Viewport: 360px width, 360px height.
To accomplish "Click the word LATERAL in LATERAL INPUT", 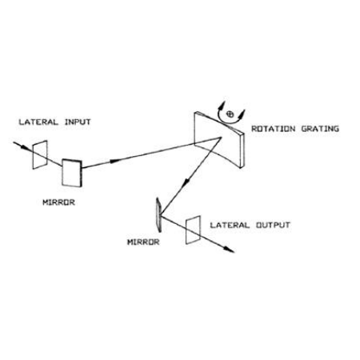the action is pos(38,122).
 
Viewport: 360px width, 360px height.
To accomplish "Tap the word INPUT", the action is pos(78,122).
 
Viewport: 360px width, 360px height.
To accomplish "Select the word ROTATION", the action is pos(274,129).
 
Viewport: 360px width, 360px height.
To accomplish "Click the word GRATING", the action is pos(320,129).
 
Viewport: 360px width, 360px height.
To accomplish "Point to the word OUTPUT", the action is pos(273,225).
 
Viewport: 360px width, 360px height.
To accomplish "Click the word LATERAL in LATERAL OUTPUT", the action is pos(230,225).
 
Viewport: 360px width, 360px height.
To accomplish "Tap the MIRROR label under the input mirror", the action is pos(58,202).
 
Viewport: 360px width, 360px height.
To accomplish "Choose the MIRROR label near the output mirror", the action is pos(143,242).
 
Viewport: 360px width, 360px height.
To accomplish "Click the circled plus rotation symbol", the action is pos(230,114).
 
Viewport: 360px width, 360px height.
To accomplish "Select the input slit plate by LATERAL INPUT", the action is pos(40,154).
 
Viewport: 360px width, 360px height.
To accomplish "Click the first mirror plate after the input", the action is pos(72,173).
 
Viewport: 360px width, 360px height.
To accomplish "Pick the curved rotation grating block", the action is pos(219,139).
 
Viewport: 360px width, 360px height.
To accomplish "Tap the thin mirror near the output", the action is pos(158,214).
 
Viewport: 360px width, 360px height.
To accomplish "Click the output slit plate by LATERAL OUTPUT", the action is pos(193,230).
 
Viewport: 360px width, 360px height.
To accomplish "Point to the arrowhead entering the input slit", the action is pos(25,146).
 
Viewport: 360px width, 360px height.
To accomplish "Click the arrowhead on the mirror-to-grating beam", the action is pos(115,161).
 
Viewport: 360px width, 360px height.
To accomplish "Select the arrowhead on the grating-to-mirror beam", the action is pos(186,182).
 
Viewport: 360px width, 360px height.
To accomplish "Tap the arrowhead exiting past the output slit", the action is pos(229,249).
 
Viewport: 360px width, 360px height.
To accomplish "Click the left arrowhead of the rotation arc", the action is pos(222,106).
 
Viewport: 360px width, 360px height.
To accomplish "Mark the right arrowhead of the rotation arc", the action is pos(242,114).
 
